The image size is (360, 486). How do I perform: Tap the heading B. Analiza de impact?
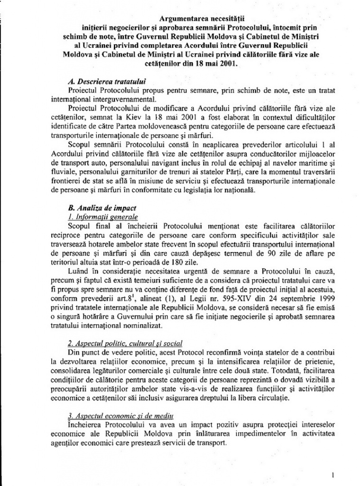pyautogui.click(x=94, y=207)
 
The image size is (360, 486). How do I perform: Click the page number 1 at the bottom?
pyautogui.click(x=333, y=474)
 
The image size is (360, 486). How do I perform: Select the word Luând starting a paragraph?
pyautogui.click(x=79, y=271)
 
